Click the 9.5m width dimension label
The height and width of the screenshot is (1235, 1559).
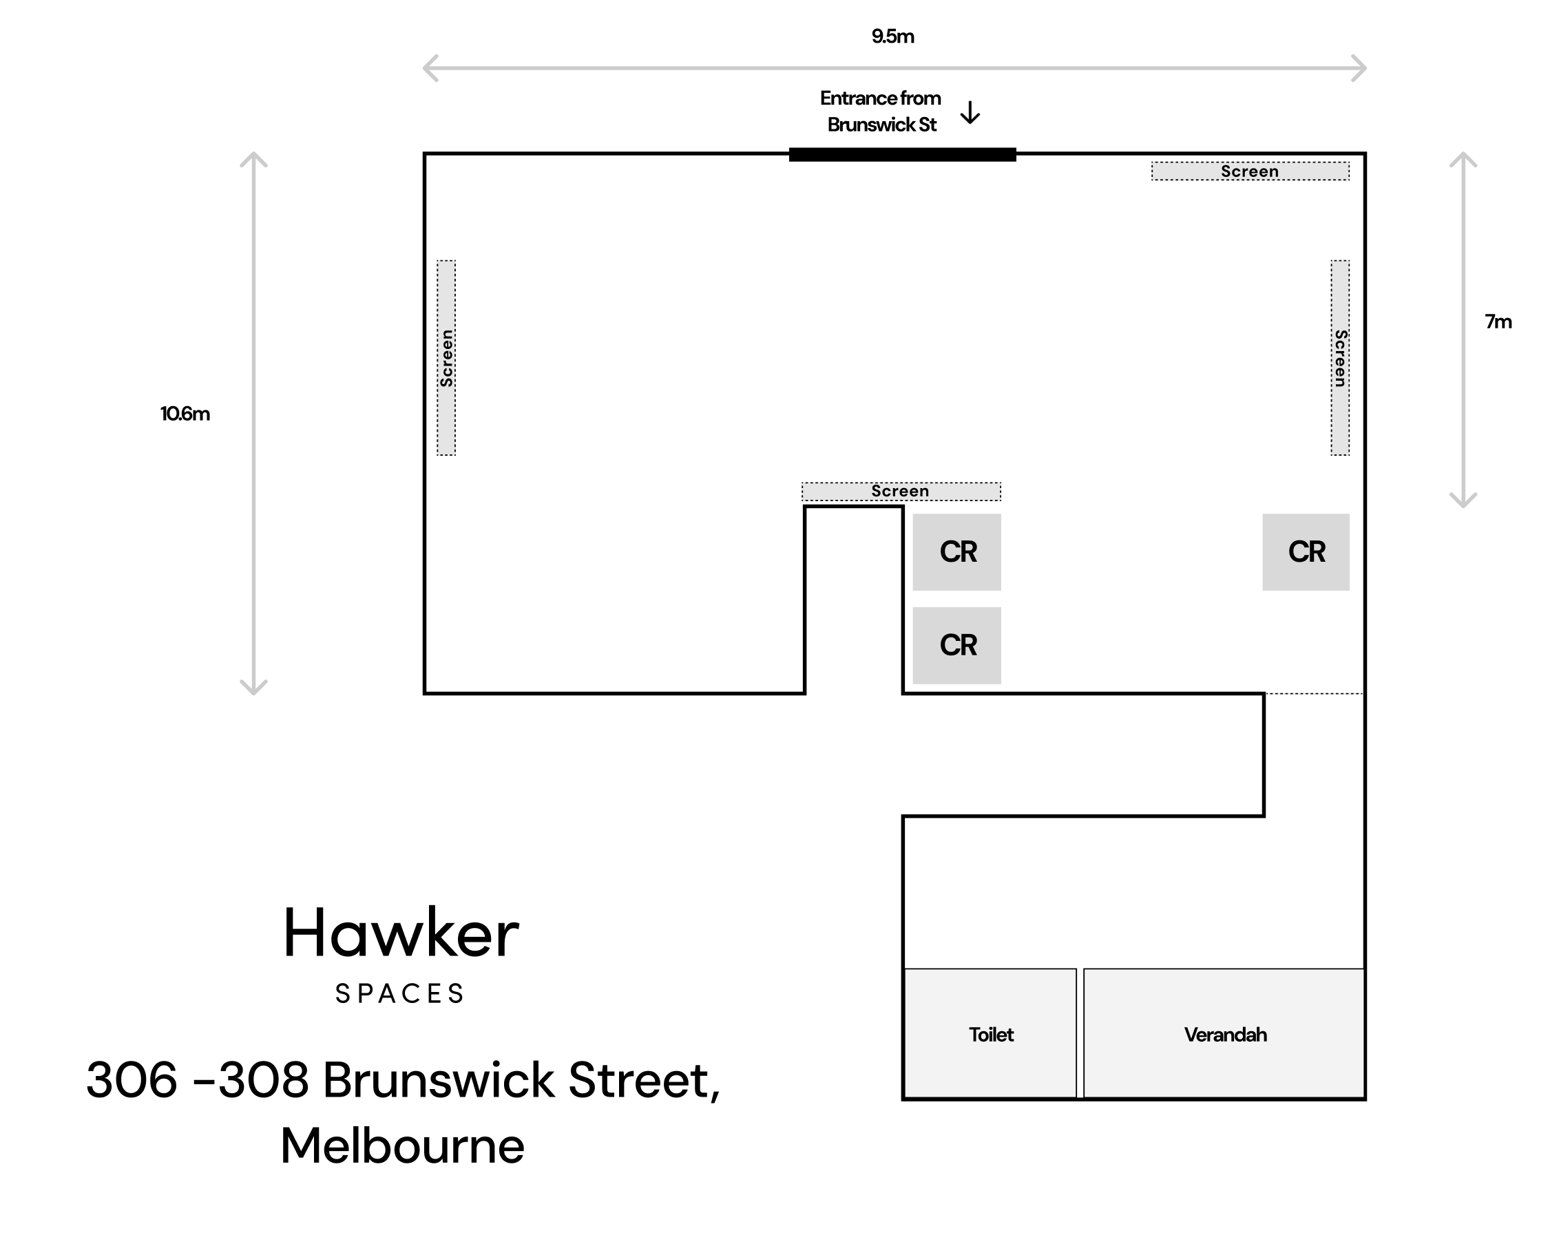(x=892, y=36)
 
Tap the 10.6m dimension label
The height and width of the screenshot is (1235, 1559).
(x=185, y=414)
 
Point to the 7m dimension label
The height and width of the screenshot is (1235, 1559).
(x=1498, y=321)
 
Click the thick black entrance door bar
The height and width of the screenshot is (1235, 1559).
(x=903, y=154)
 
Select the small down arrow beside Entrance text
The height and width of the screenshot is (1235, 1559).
(x=970, y=113)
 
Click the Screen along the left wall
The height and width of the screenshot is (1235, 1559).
(x=446, y=358)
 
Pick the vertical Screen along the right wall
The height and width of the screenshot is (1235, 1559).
(x=1340, y=358)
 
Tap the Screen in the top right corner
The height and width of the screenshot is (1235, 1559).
(x=1251, y=171)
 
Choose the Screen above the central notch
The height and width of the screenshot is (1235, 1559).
(x=901, y=492)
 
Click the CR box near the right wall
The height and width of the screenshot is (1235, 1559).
(x=1306, y=551)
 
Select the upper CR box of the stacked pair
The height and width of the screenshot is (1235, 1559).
(x=956, y=551)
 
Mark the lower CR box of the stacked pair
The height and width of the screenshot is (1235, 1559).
(x=956, y=645)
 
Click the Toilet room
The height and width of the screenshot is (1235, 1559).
(x=991, y=1033)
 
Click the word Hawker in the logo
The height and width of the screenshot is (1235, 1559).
(x=401, y=933)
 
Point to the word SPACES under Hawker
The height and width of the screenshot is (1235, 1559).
(x=399, y=994)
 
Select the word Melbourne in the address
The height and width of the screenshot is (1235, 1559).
(x=403, y=1146)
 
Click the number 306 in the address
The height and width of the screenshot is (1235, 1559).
(x=132, y=1080)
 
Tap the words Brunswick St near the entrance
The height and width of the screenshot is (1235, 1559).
(x=881, y=125)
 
